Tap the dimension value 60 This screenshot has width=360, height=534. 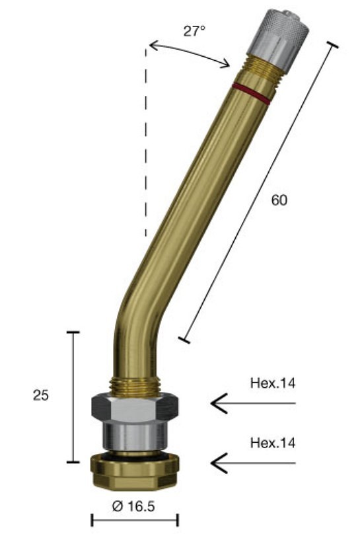pyautogui.click(x=279, y=201)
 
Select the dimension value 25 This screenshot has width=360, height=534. pyautogui.click(x=40, y=395)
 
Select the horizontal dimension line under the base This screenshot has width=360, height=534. pyautogui.click(x=135, y=520)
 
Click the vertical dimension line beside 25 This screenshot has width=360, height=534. pyautogui.click(x=73, y=397)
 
